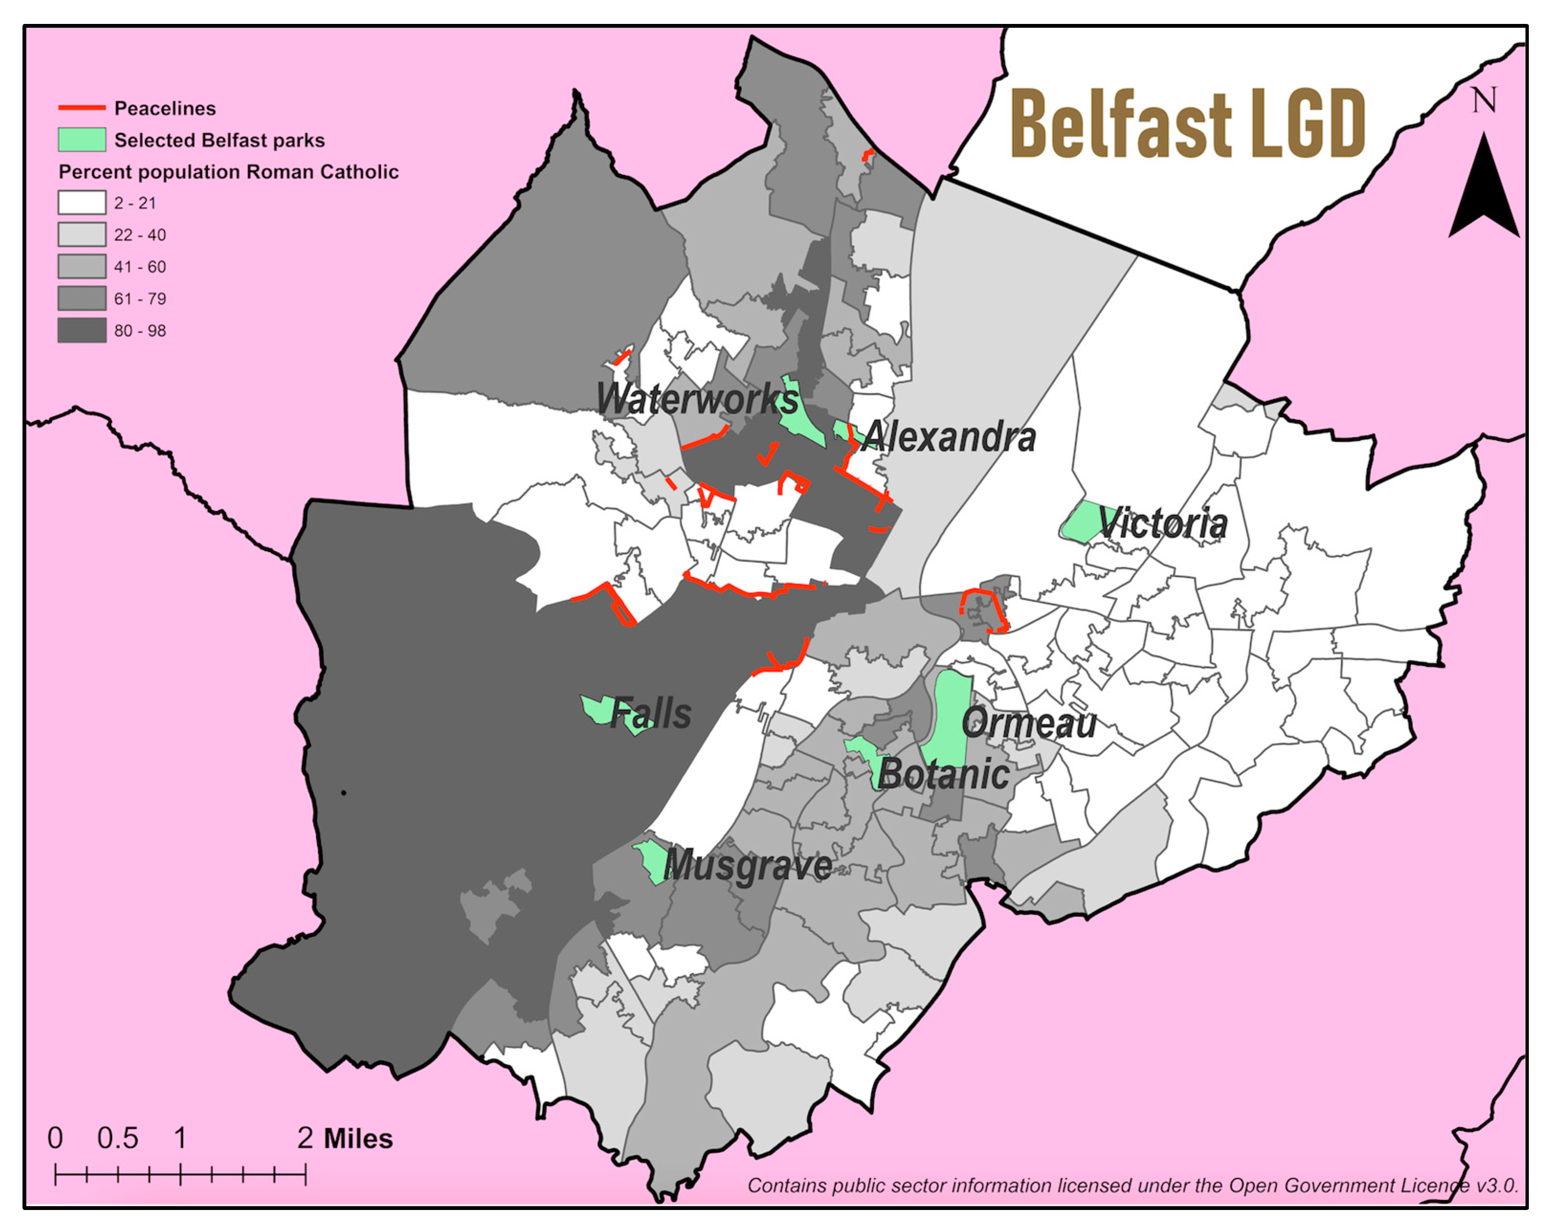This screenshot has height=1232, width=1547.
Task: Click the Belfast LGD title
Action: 1188,123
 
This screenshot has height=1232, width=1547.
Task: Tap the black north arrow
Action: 1483,190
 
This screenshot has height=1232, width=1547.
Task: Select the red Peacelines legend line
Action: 81,108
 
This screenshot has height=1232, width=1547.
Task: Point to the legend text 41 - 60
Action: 140,267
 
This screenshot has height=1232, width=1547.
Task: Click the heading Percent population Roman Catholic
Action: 228,172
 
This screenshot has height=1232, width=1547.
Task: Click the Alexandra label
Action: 949,436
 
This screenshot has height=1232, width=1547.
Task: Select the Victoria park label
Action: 1162,523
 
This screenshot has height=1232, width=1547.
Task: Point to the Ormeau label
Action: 1028,722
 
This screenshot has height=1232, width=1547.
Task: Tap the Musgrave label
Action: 748,866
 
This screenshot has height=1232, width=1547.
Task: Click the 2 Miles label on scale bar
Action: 345,1139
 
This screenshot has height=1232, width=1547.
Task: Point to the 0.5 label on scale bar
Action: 118,1139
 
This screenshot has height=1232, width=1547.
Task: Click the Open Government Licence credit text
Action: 1132,1186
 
